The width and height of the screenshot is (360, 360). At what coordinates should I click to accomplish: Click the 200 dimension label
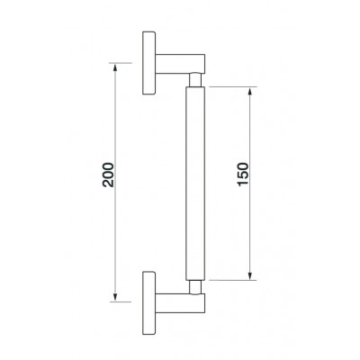click(108, 175)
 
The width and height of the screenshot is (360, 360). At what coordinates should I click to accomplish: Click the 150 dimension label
click(243, 175)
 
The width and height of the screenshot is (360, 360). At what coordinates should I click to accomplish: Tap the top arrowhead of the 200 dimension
click(114, 67)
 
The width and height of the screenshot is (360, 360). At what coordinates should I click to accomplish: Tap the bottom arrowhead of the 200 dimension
click(114, 297)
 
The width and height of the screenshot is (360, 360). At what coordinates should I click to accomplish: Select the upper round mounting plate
click(149, 63)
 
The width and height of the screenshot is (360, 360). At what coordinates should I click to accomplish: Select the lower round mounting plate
click(149, 303)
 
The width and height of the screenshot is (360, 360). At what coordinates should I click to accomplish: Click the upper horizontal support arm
click(180, 64)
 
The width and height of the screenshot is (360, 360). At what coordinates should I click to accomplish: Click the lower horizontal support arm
click(180, 303)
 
